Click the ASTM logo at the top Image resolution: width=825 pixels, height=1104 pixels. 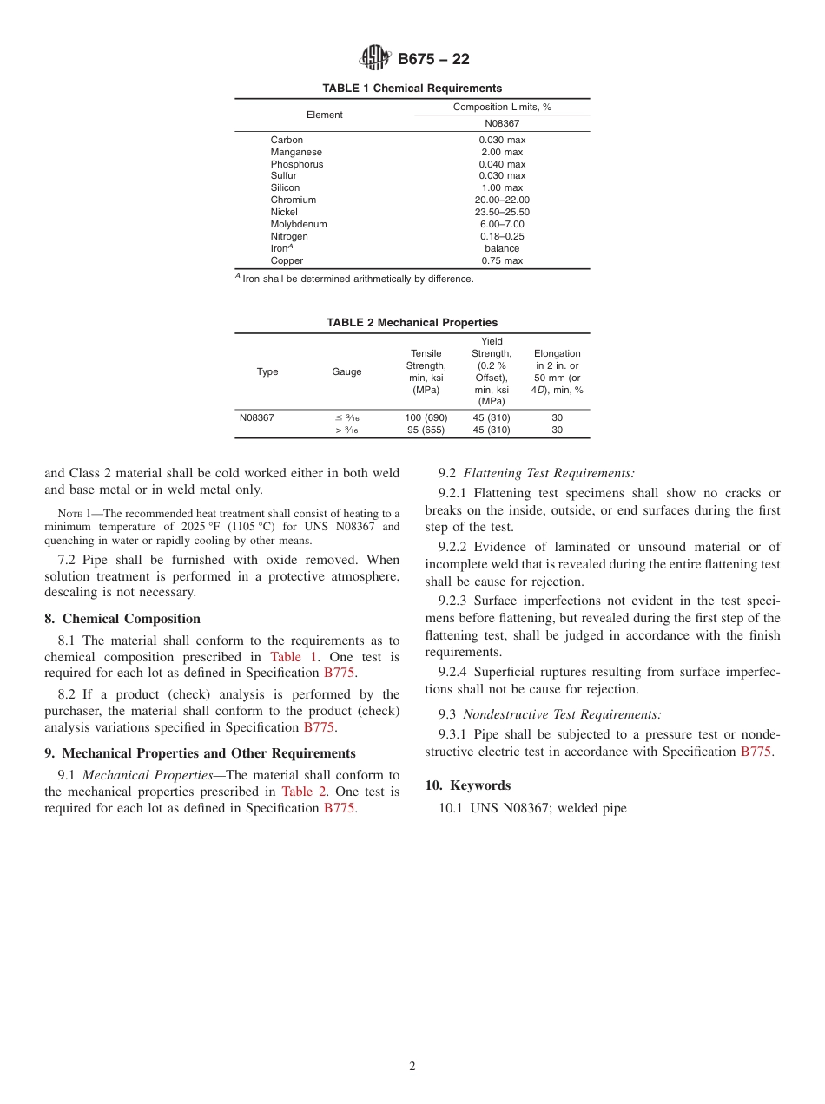coord(376,59)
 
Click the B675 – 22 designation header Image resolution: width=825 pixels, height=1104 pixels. coord(433,60)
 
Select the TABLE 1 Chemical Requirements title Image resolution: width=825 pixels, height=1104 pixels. coord(412,89)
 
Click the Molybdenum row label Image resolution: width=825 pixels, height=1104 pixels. coord(299,224)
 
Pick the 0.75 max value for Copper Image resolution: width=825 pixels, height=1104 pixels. coord(502,260)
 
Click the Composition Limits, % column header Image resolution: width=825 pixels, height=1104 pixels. coord(502,107)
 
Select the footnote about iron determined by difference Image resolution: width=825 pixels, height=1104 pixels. coord(356,279)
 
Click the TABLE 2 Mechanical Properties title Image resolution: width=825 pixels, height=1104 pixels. coord(412,323)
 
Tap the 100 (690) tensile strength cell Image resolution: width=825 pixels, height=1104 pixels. coord(426,417)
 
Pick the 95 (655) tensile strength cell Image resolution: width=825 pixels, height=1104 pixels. coord(426,430)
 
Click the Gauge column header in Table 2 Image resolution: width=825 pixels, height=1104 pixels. coord(346,371)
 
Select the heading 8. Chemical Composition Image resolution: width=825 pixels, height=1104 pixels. coord(122,619)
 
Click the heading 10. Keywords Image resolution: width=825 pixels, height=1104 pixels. coord(467,785)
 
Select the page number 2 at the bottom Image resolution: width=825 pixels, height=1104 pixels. coord(412,1067)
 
